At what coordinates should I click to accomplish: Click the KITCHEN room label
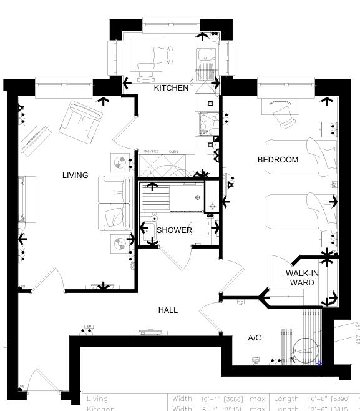[x=171, y=88]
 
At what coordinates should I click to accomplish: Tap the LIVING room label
[x=75, y=176]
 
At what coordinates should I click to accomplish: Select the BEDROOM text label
[x=278, y=160]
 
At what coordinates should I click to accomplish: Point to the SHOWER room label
[x=174, y=230]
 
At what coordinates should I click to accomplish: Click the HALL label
[x=168, y=310]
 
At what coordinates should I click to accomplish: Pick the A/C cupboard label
[x=255, y=338]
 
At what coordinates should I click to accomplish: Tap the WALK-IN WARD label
[x=302, y=278]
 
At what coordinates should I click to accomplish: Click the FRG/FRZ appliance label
[x=148, y=152]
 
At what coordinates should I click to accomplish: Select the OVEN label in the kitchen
[x=173, y=152]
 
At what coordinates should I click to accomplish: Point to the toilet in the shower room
[x=150, y=231]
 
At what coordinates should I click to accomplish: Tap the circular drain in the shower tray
[x=198, y=197]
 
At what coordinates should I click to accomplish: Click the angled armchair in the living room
[x=80, y=121]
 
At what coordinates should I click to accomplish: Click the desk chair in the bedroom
[x=285, y=115]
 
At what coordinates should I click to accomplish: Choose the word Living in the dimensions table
[x=97, y=399]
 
